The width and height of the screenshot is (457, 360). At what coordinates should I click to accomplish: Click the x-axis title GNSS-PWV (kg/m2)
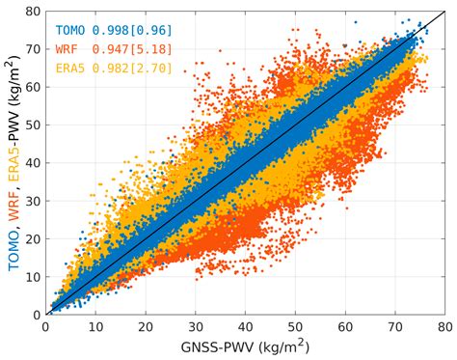point(245,346)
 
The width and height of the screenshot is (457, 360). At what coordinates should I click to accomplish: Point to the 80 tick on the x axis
point(443,325)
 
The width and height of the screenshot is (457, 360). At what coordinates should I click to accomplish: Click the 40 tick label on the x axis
point(245,325)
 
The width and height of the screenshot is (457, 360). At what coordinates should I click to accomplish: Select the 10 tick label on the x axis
point(96,325)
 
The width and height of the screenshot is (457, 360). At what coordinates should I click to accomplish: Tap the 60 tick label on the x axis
point(344,325)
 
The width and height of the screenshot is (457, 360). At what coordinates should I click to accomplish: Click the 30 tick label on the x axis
point(196,325)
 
